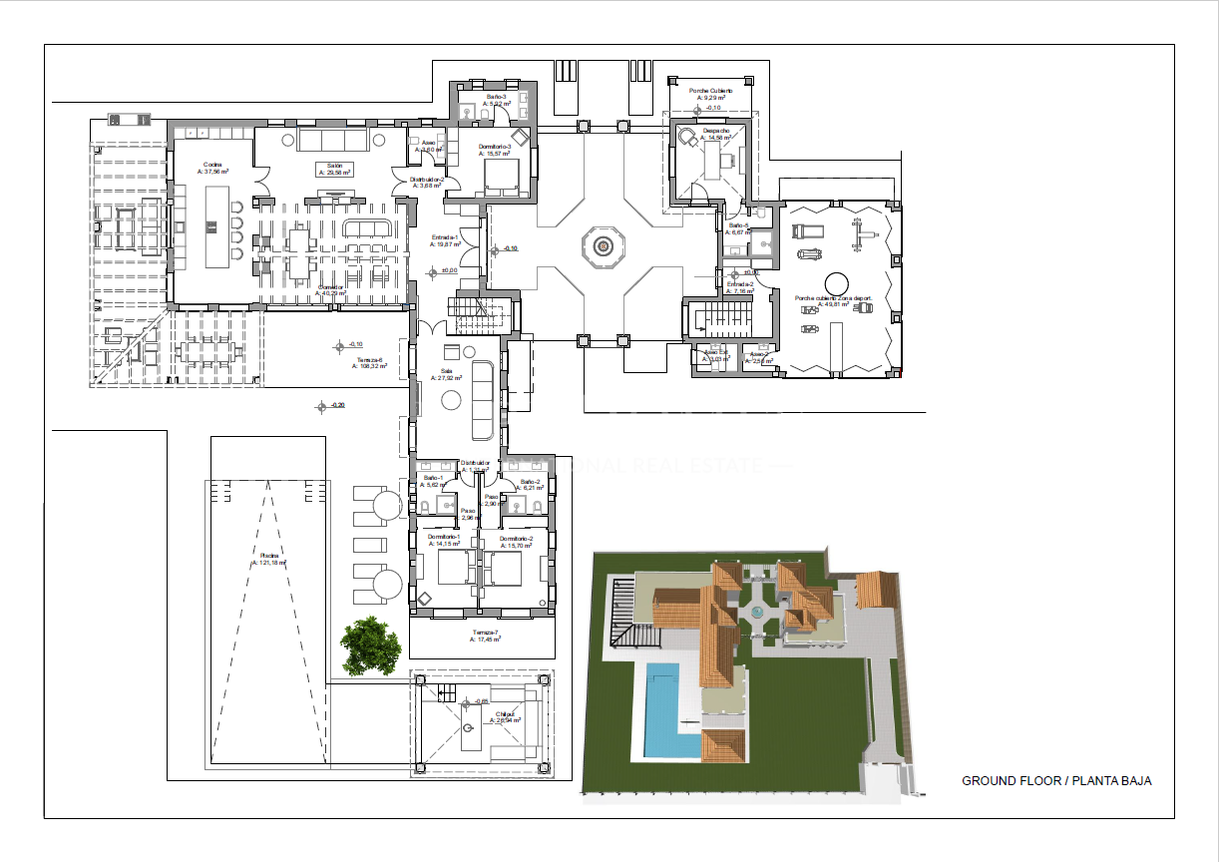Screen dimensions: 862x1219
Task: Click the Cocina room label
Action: click(212, 166)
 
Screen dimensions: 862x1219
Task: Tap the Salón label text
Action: click(334, 166)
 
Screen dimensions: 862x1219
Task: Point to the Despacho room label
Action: click(715, 132)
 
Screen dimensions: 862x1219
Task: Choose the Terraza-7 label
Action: click(485, 634)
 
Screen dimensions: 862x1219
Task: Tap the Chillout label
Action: click(505, 714)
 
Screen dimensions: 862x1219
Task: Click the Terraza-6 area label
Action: click(368, 360)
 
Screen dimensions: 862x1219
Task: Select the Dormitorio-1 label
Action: click(444, 538)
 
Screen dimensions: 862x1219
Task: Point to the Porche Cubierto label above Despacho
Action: click(710, 91)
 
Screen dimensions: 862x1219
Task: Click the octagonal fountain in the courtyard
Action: click(603, 245)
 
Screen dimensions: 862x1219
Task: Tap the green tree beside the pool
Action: click(370, 646)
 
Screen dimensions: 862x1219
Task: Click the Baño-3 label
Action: click(498, 97)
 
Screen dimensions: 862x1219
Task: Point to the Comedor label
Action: click(331, 287)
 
